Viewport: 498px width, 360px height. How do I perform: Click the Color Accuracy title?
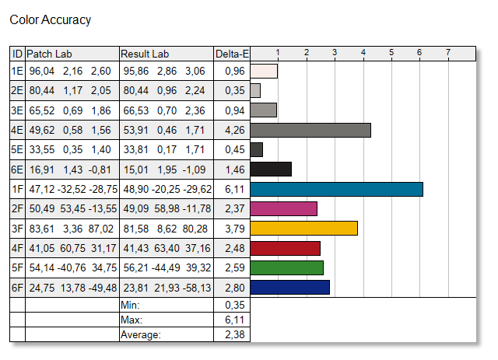50,20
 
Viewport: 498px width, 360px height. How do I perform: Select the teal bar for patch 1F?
337,189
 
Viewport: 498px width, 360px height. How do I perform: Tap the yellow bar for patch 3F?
304,229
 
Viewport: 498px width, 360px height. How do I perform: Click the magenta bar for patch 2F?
283,208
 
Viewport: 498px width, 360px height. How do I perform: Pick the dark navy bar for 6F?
290,288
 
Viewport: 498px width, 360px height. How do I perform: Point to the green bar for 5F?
287,267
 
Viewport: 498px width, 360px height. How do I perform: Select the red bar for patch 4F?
286,248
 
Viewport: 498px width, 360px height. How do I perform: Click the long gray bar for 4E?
310,130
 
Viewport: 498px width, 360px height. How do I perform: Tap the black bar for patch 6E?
271,170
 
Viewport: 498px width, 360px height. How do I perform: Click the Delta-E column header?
232,54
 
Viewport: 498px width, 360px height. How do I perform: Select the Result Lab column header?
145,54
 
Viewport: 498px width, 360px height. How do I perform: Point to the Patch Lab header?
49,54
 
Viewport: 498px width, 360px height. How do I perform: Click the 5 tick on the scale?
391,52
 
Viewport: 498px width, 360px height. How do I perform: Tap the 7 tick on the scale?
448,52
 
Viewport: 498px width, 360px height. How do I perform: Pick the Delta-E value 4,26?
235,130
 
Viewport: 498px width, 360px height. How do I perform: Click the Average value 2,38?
235,334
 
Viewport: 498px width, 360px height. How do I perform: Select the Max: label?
132,320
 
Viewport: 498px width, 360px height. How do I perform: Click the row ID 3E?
17,110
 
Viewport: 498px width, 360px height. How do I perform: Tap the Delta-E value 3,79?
235,229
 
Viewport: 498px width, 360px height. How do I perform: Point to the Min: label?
130,305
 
